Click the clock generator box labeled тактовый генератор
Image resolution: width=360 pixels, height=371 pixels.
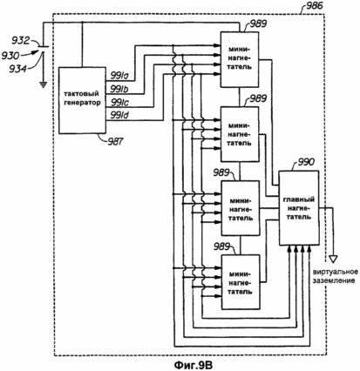[x=82, y=100]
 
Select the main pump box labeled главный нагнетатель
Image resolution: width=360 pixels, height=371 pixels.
[x=299, y=208]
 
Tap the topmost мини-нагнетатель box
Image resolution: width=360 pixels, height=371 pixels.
[x=240, y=59]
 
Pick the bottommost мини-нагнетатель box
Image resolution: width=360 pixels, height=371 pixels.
[x=241, y=282]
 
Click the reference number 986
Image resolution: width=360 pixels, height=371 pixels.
[x=312, y=5]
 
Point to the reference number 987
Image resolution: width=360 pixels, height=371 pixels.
[x=115, y=142]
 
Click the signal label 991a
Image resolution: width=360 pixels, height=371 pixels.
[x=119, y=76]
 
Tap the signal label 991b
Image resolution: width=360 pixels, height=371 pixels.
[x=119, y=90]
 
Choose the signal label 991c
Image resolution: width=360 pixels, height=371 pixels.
[x=119, y=103]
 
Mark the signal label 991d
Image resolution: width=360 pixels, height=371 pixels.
[x=119, y=116]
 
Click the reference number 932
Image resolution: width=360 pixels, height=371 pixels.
[x=20, y=41]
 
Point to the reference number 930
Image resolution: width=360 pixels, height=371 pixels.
[x=10, y=55]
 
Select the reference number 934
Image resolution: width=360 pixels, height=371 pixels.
[x=18, y=69]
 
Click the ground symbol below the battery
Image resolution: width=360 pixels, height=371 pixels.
[x=43, y=84]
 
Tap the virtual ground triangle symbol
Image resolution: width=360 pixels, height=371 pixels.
[x=333, y=259]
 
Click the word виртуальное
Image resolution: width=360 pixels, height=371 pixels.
[x=336, y=273]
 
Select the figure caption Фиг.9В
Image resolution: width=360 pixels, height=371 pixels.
[x=194, y=365]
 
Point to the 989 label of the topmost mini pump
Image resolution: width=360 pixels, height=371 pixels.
[x=257, y=24]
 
